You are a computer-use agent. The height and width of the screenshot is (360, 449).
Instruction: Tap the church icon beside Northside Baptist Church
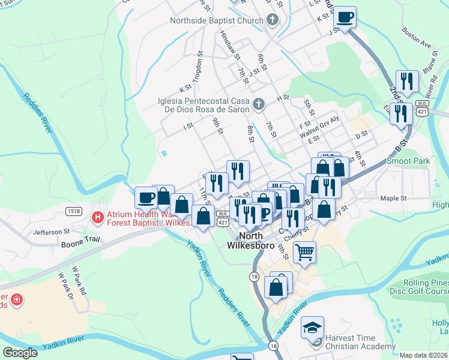point(273,20)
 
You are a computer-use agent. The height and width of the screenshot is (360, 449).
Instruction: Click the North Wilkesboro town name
point(251,240)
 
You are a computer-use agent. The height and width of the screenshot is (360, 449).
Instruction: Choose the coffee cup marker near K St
point(345,17)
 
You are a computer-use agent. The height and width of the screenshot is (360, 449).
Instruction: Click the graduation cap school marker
point(312,327)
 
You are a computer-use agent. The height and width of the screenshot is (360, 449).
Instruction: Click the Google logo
point(20,353)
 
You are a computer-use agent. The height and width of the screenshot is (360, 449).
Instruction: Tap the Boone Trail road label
point(79,245)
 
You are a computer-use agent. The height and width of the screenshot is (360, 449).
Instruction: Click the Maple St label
point(394,198)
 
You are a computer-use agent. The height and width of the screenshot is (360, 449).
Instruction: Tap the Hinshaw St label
point(230,46)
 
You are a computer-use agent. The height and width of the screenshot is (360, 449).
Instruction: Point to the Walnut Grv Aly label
point(319,131)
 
